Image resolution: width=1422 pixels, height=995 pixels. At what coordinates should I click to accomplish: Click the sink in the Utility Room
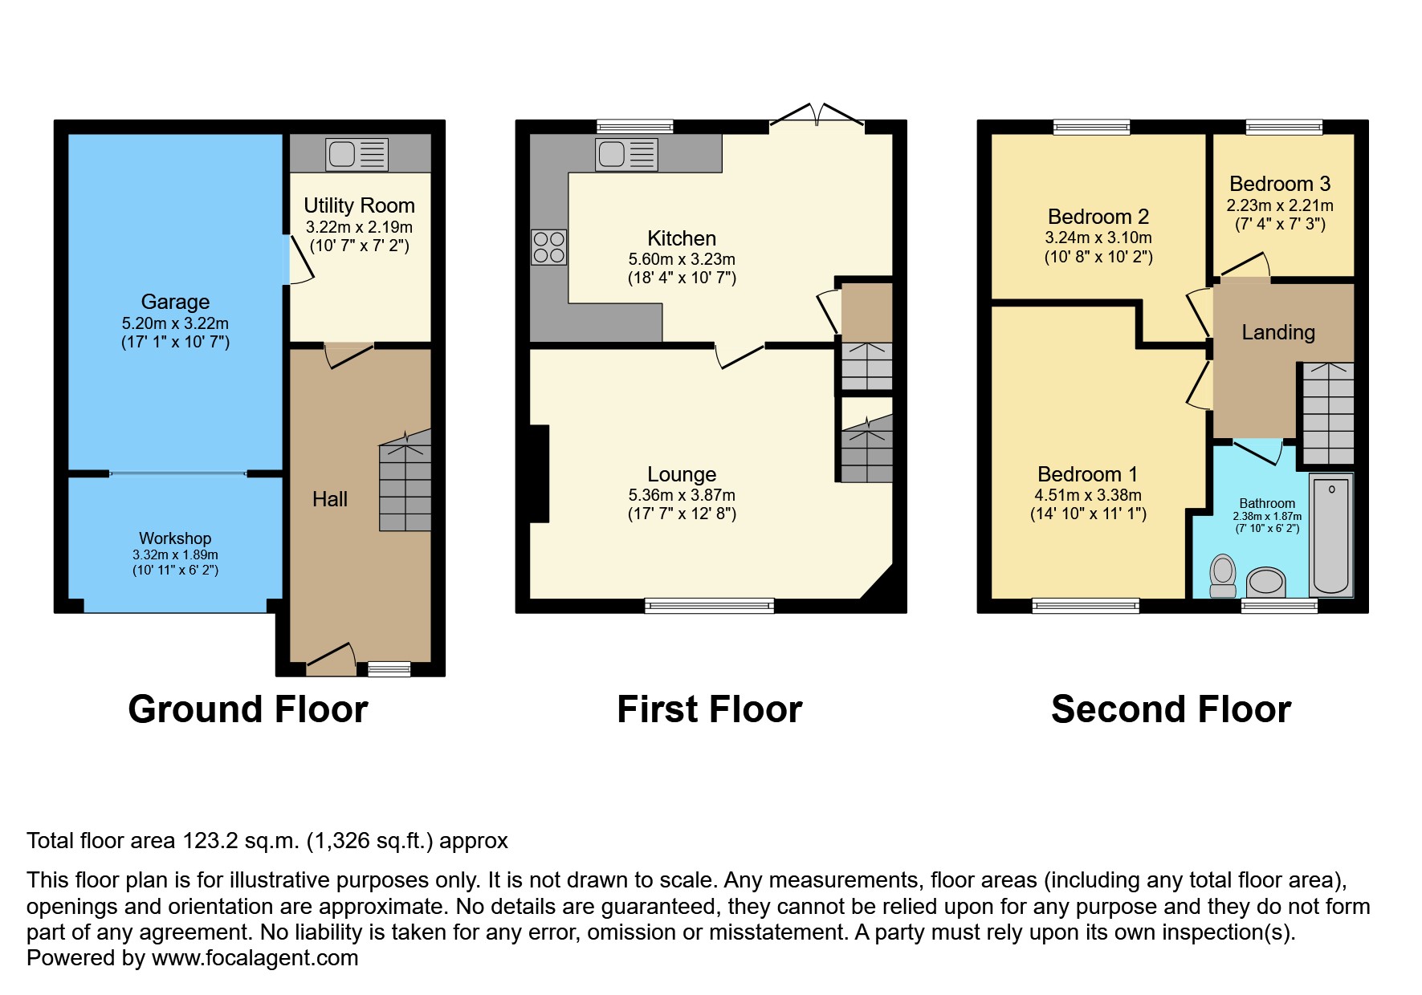[357, 154]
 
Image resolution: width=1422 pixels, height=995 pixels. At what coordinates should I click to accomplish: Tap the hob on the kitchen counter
[548, 247]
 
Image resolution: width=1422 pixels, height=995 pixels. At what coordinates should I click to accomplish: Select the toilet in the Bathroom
[1223, 575]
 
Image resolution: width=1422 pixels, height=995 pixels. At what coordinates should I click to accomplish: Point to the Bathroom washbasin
[1266, 581]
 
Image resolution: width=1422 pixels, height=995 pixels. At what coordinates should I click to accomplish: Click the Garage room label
[175, 302]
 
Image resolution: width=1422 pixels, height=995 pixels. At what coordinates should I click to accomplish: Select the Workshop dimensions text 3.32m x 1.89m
[175, 554]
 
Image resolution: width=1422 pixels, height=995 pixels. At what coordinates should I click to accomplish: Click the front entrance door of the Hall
[331, 659]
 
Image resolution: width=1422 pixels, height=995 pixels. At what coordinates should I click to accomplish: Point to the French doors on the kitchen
[817, 116]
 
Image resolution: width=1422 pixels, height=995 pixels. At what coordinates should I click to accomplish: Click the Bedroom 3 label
[1280, 184]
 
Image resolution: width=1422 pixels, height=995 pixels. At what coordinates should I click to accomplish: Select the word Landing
[1278, 332]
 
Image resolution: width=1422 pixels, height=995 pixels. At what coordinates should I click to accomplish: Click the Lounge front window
[709, 606]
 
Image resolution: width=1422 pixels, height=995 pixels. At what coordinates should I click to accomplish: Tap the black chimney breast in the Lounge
[539, 473]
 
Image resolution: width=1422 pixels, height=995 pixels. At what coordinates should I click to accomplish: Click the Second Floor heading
[1171, 709]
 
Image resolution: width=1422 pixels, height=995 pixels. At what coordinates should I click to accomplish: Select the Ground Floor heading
[248, 709]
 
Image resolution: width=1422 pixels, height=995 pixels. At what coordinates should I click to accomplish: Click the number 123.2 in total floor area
[210, 841]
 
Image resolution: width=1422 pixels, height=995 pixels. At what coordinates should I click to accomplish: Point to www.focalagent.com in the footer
[255, 958]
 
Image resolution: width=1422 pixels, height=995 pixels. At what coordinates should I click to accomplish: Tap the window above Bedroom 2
[1091, 127]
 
